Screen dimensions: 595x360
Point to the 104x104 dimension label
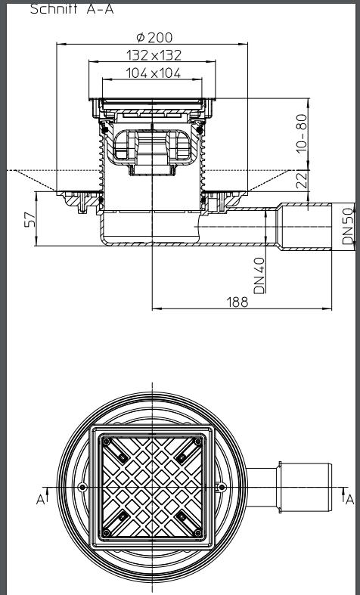point(153,73)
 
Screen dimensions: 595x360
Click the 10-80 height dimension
point(302,134)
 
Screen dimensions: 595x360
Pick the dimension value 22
point(302,181)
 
